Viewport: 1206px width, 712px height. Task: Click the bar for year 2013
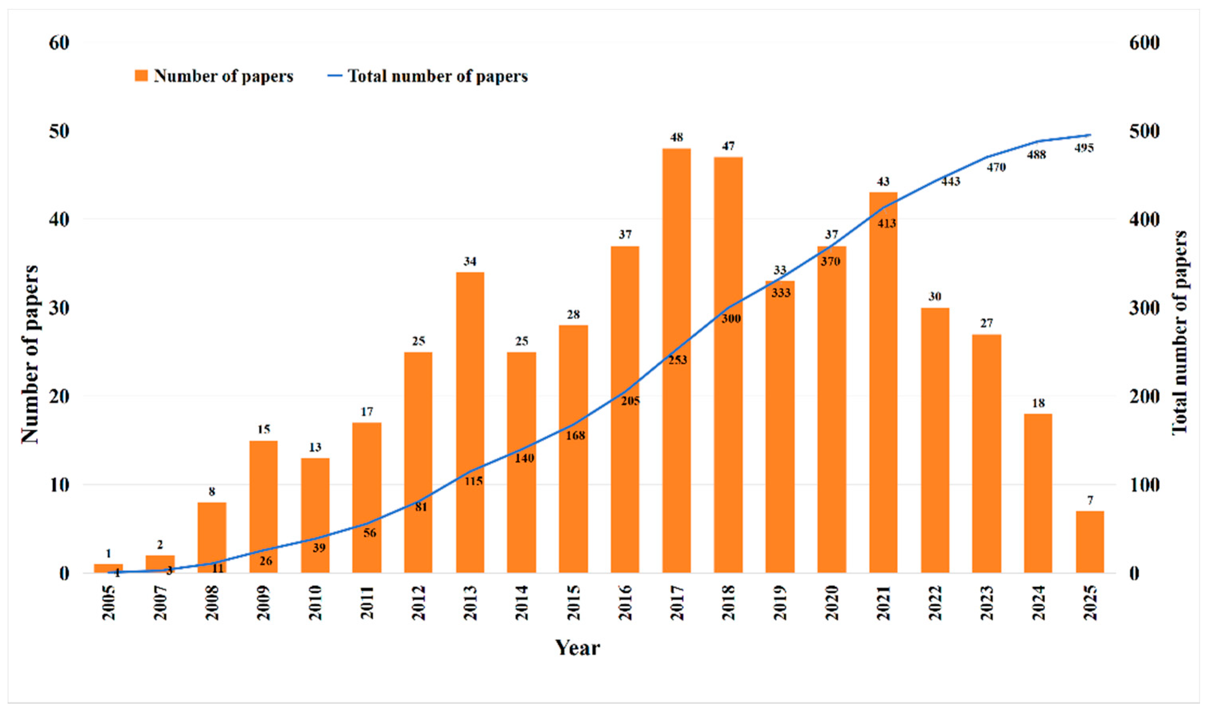pos(470,422)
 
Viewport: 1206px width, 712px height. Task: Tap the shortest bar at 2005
pos(109,568)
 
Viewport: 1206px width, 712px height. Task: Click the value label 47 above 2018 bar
pos(728,146)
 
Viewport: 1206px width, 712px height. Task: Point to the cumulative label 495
pos(1084,148)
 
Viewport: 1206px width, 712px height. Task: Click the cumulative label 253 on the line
pos(678,360)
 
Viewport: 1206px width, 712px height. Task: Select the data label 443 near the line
pos(950,181)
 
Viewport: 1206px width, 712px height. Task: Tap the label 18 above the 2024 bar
pos(1039,403)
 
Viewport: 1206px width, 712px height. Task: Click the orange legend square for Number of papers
pos(141,76)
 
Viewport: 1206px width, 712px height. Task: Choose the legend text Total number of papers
pos(437,76)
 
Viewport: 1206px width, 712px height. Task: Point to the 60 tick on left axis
pos(59,43)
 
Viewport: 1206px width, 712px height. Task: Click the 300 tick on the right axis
pos(1144,308)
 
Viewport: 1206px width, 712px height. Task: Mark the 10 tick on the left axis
pos(59,485)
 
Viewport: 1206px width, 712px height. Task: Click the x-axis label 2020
pos(831,603)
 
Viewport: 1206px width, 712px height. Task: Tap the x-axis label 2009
pos(264,603)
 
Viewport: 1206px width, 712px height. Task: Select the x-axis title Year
pos(578,648)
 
